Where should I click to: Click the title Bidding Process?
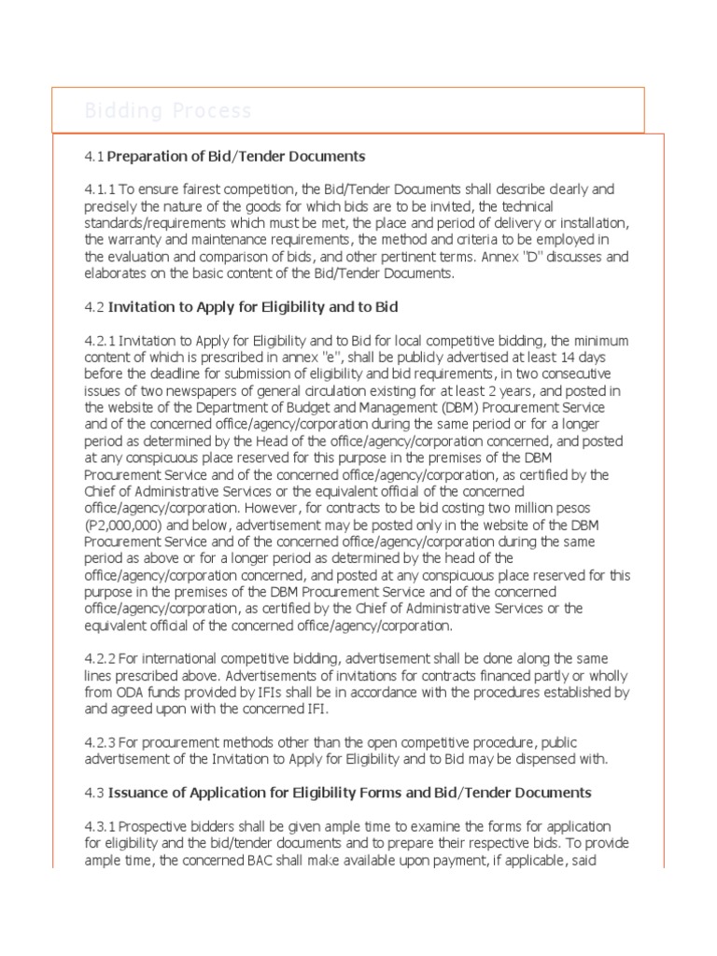click(x=168, y=112)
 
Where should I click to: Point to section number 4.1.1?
click(x=99, y=190)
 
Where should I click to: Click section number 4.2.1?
click(x=99, y=341)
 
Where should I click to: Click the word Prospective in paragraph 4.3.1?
click(x=158, y=826)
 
